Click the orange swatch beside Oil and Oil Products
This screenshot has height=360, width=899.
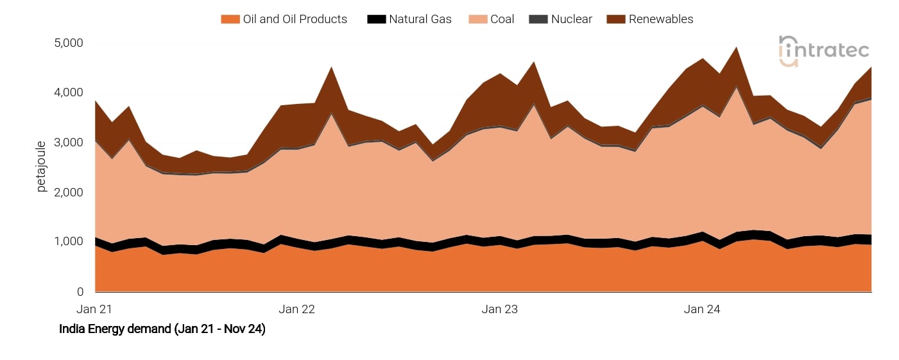(x=230, y=19)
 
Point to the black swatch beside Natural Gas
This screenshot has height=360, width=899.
(x=376, y=19)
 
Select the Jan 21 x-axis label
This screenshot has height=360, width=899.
(x=94, y=309)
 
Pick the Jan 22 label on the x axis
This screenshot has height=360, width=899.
(x=297, y=309)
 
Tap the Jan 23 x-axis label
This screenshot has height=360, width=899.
(x=500, y=309)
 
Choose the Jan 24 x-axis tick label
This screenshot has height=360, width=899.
(x=702, y=309)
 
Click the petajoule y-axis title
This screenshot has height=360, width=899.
(x=42, y=166)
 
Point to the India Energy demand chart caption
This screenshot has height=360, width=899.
(x=162, y=329)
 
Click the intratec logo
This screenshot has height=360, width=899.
(x=824, y=51)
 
